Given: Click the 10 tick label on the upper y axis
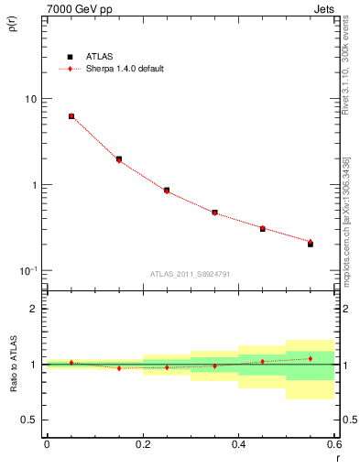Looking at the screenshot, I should tap(31, 99).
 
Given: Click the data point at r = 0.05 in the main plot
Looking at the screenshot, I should tap(71, 116).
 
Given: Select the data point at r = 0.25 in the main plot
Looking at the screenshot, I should tap(167, 191).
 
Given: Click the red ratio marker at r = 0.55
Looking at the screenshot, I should tap(311, 358).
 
